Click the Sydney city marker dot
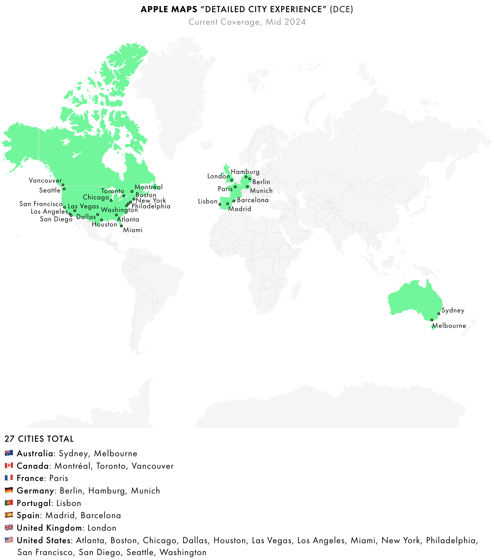coord(439,314)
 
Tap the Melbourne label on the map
coord(449,326)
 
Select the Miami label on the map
coord(133,230)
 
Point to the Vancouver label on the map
coord(45,181)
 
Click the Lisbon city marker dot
coord(220,204)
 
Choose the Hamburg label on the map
coord(245,172)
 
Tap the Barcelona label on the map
coord(253,200)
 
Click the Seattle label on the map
coord(50,190)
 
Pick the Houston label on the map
coord(104,224)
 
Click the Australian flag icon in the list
coord(9,453)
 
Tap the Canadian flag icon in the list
coord(9,465)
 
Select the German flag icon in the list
coord(9,490)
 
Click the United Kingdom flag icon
coord(9,527)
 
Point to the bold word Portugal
coord(34,503)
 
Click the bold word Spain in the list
coord(28,515)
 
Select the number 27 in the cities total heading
coord(10,439)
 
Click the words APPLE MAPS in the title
coord(169,9)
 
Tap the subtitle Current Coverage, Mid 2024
coord(247,22)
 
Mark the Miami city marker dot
coord(122,226)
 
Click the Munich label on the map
coord(261,191)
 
